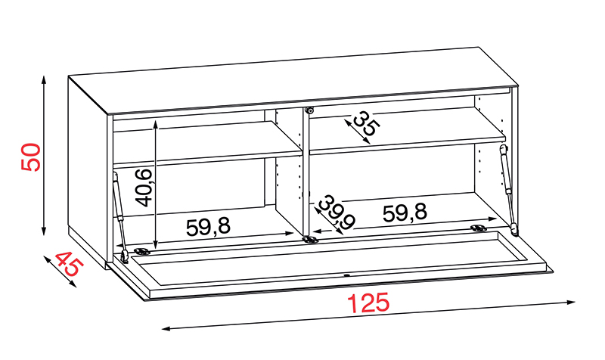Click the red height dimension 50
31,157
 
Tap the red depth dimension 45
69,263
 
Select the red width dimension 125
368,303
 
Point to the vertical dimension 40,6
144,188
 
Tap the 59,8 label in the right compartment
405,213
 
